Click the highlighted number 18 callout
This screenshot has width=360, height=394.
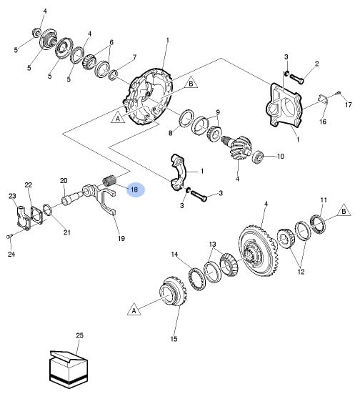[x=135, y=189]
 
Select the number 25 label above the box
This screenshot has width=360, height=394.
[x=79, y=335]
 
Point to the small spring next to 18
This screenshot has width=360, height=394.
[x=109, y=181]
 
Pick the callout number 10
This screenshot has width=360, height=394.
[x=280, y=157]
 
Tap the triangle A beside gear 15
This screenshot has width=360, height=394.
[x=134, y=310]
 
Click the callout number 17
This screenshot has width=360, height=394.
[x=348, y=104]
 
